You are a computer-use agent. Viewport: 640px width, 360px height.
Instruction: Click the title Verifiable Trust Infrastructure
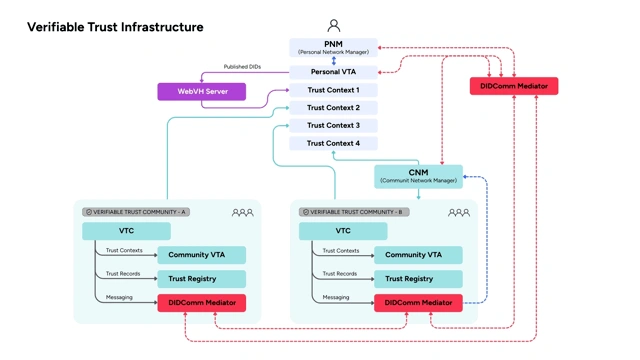pyautogui.click(x=115, y=27)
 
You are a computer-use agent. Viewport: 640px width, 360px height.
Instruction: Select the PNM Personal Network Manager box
pyautogui.click(x=333, y=47)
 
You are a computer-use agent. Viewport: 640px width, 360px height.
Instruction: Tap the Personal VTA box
pyautogui.click(x=333, y=72)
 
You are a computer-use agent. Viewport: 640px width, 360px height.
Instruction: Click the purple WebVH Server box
pyautogui.click(x=202, y=91)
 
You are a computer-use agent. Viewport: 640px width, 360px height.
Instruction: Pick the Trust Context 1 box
pyautogui.click(x=333, y=90)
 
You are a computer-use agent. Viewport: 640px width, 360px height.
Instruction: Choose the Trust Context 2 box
pyautogui.click(x=333, y=108)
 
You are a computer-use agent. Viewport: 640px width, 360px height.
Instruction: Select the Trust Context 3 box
pyautogui.click(x=333, y=126)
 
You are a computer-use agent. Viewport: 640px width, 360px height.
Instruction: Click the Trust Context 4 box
pyautogui.click(x=333, y=143)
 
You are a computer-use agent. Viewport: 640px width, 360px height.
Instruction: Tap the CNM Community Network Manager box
pyautogui.click(x=418, y=176)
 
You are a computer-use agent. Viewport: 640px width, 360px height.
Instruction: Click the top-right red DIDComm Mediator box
pyautogui.click(x=514, y=86)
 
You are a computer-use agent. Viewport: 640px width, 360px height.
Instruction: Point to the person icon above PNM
pyautogui.click(x=334, y=26)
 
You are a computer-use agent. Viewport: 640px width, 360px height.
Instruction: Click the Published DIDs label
pyautogui.click(x=242, y=67)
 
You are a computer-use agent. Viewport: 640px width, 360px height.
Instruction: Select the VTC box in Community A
pyautogui.click(x=126, y=231)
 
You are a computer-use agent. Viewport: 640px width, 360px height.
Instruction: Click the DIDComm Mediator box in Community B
pyautogui.click(x=418, y=302)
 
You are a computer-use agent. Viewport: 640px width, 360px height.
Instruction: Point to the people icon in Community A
pyautogui.click(x=242, y=212)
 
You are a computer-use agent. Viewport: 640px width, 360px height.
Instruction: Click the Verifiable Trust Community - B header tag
pyautogui.click(x=352, y=212)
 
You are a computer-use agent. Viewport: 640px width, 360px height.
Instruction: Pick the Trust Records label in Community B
pyautogui.click(x=340, y=273)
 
